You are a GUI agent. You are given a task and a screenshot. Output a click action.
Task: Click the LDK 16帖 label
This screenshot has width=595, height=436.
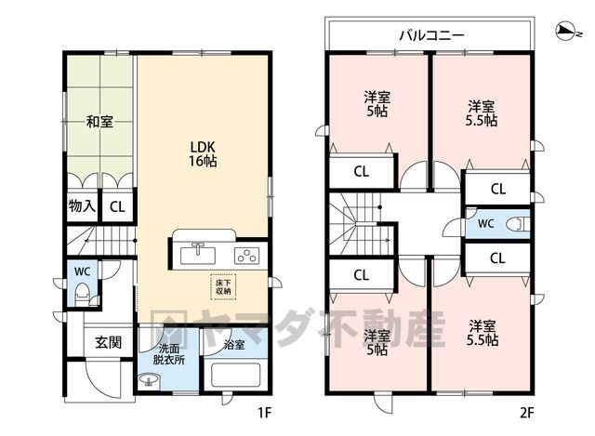point(203,154)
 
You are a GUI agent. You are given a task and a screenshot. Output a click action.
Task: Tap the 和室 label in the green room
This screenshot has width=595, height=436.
point(99,122)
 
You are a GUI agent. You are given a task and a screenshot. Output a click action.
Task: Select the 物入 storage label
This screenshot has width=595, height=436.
point(82,206)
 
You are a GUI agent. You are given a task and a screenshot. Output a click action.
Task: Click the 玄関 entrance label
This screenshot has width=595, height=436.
point(109,342)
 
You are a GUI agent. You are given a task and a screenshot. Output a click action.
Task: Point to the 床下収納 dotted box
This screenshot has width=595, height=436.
point(223,287)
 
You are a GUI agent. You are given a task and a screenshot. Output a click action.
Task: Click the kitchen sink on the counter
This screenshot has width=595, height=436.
point(198,255)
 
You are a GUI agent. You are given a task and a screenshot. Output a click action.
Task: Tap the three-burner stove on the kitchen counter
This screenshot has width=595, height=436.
point(247,256)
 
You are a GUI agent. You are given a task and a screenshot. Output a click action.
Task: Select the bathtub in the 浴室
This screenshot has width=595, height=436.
point(236,375)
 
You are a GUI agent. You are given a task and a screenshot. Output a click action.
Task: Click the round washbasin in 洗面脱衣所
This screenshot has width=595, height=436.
point(150,379)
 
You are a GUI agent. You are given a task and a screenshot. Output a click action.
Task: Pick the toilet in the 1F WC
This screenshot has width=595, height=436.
point(82,294)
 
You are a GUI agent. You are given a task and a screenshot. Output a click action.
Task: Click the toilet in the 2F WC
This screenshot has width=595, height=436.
point(517,224)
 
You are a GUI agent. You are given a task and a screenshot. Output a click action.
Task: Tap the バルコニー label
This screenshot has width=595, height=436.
point(431,35)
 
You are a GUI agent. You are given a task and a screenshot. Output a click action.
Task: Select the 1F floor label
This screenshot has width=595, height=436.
point(264,412)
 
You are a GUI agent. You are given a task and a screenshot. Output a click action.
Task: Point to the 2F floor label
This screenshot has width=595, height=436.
point(527,412)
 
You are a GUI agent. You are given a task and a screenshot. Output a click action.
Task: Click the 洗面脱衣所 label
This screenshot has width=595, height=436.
point(169,353)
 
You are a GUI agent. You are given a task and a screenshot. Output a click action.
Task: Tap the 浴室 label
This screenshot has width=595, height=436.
point(234,345)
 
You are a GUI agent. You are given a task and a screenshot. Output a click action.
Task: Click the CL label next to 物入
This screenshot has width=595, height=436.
point(117,206)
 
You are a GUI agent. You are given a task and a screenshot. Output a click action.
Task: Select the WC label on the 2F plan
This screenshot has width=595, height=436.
point(485,223)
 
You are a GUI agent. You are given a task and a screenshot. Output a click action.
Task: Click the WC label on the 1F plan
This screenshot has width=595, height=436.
point(83,271)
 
